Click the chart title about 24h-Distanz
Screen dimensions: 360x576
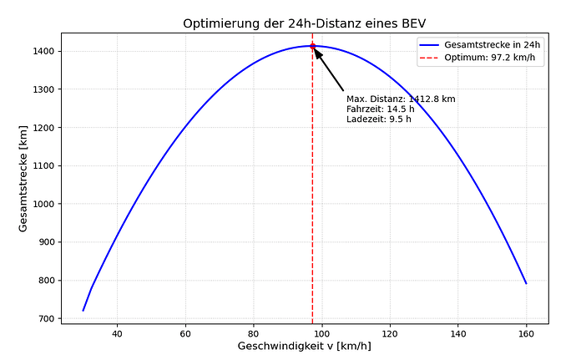[305, 23]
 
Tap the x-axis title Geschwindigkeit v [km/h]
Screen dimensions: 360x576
[305, 346]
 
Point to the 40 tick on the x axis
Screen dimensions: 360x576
[117, 331]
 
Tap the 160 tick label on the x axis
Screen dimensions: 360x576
[526, 331]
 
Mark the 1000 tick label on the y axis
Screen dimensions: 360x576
[43, 204]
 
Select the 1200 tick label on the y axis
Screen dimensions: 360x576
[43, 128]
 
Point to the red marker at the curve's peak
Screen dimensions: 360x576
[312, 46]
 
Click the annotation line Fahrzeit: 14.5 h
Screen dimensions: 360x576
[381, 109]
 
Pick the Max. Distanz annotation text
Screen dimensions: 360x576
[401, 99]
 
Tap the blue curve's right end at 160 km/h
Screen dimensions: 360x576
[526, 283]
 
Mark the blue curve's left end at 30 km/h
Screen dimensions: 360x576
[83, 310]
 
